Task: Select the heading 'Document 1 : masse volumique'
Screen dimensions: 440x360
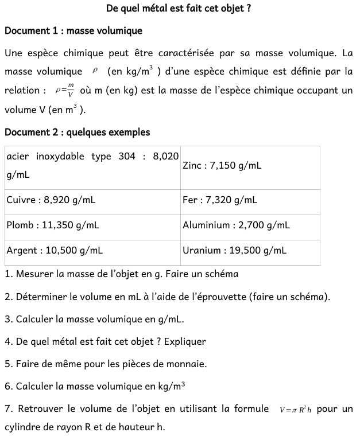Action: (73, 30)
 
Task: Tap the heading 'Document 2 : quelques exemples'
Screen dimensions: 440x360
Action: (78, 132)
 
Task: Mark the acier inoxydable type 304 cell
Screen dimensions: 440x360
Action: (92, 165)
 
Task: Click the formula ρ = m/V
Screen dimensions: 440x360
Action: (65, 90)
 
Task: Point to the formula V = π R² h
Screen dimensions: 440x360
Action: (296, 410)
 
